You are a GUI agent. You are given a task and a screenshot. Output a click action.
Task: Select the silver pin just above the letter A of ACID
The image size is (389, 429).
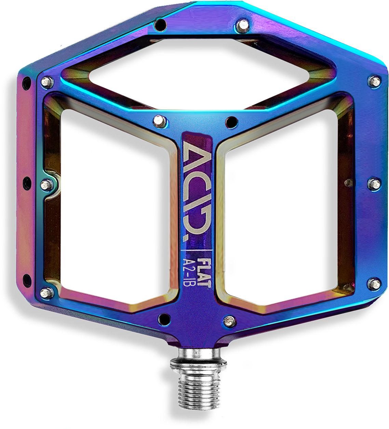(158, 120)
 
